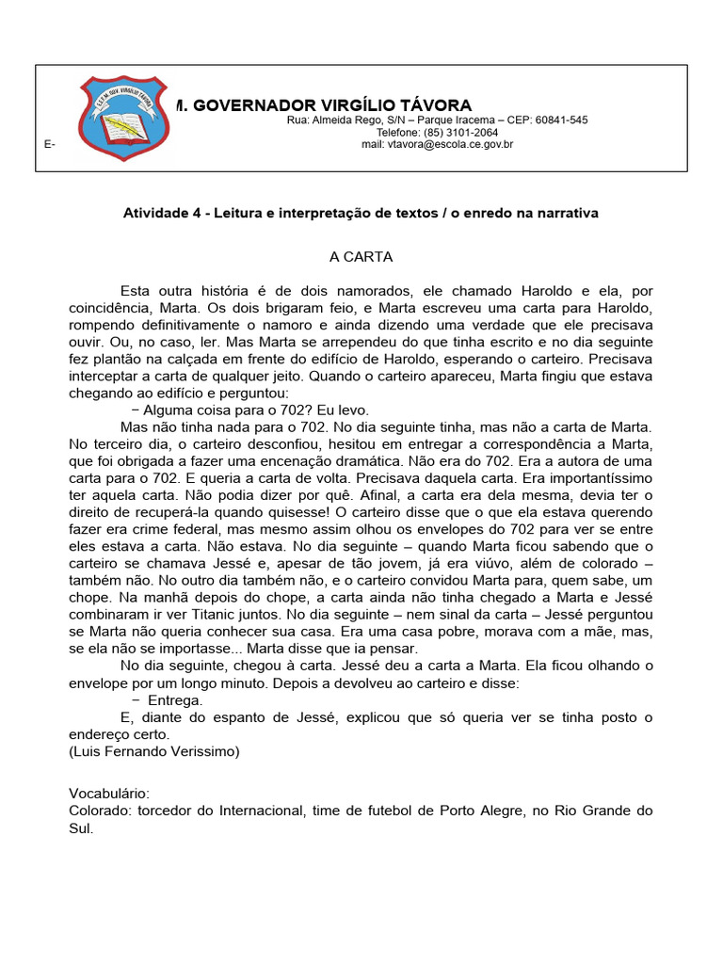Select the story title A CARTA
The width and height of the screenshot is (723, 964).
[361, 256]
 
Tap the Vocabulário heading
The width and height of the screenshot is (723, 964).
[109, 794]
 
